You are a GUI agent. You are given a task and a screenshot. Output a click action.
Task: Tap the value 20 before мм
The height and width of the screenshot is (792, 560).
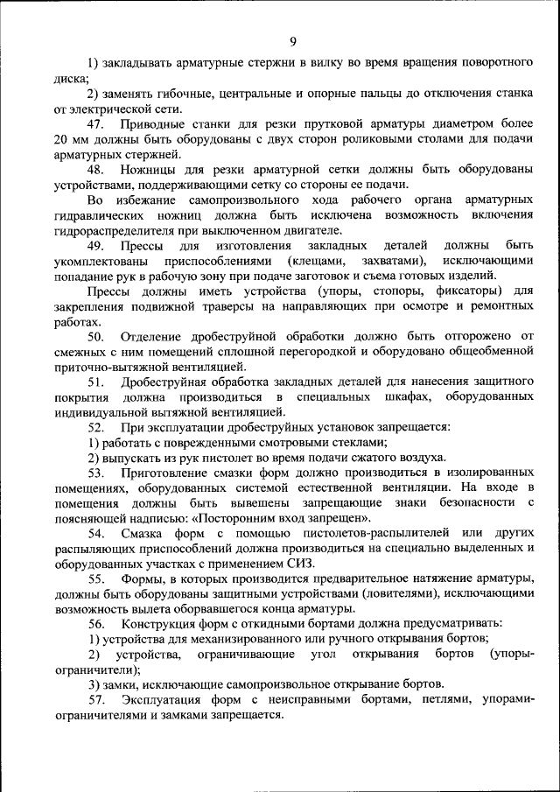pyautogui.click(x=60, y=140)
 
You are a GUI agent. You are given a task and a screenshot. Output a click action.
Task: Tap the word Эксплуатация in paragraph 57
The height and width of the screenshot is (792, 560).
pyautogui.click(x=164, y=699)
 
